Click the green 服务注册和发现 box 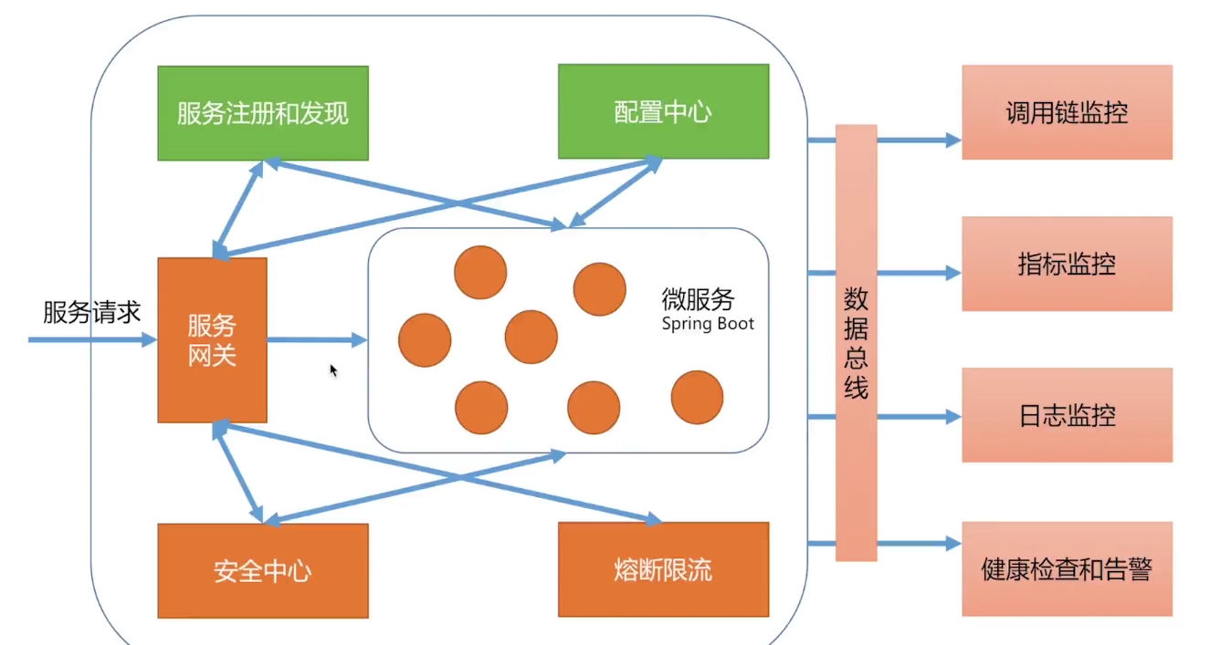263,113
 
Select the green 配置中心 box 663,111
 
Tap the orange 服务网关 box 212,340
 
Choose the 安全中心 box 263,571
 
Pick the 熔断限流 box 663,570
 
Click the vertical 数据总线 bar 856,342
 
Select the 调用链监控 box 1067,112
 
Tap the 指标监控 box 1067,265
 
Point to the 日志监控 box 1067,416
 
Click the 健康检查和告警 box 1067,569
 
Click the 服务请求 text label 92,313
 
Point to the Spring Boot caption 709,324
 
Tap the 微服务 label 698,299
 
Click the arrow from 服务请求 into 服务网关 91,340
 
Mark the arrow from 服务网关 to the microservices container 316,340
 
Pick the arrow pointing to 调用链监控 919,140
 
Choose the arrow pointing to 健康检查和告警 919,545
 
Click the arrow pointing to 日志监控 919,417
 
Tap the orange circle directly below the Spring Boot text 697,398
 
